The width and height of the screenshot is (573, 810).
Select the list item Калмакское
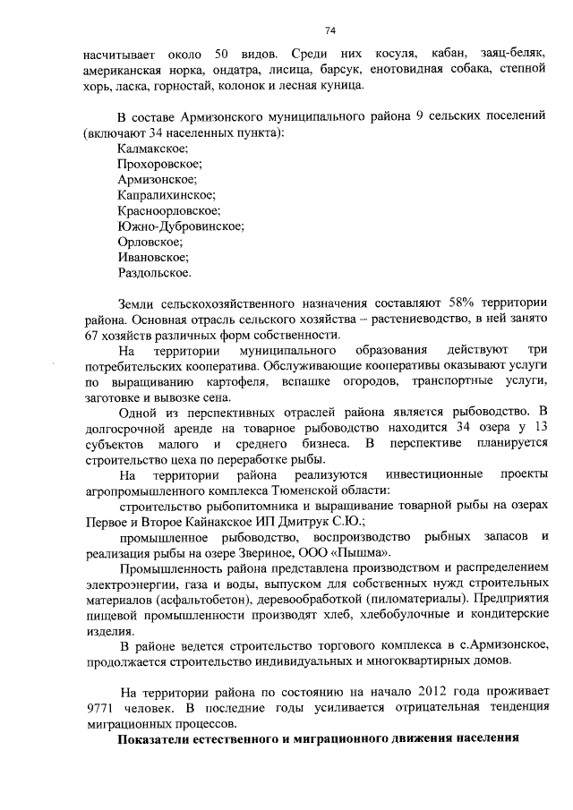coord(152,148)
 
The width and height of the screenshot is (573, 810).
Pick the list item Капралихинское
coord(167,194)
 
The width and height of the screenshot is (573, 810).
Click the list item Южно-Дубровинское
coord(180,226)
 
